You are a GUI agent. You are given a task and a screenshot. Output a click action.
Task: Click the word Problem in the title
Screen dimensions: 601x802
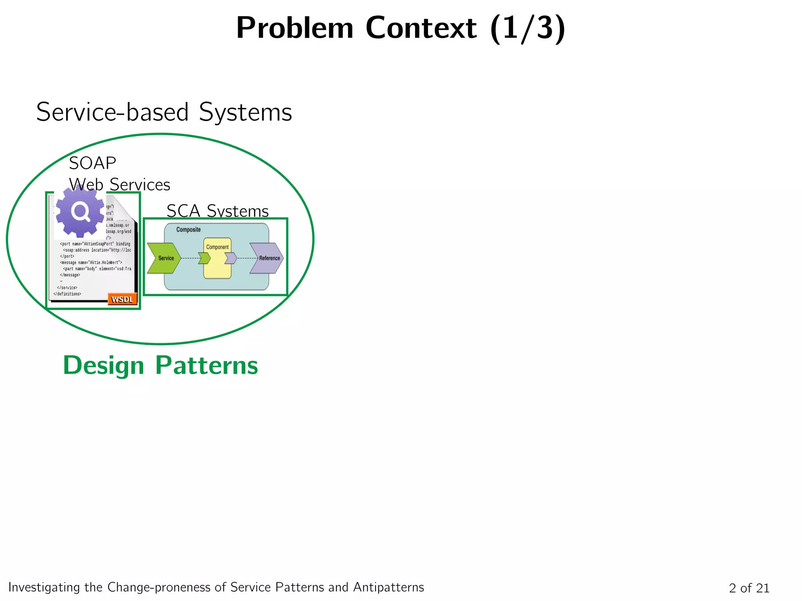click(x=295, y=28)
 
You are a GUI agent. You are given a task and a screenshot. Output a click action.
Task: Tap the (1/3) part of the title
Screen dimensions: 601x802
click(x=527, y=28)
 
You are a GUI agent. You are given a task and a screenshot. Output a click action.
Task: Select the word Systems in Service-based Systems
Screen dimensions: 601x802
click(x=245, y=112)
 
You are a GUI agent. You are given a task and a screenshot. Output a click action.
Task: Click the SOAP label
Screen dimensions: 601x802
click(x=92, y=163)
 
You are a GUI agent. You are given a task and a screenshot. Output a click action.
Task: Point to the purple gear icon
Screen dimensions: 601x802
click(x=80, y=212)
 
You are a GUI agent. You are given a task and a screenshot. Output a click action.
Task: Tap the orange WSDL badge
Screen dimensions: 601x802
click(x=122, y=299)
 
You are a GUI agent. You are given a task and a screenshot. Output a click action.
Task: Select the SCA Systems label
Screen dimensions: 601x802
click(x=217, y=211)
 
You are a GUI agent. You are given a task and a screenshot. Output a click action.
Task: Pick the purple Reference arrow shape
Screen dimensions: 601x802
click(x=267, y=258)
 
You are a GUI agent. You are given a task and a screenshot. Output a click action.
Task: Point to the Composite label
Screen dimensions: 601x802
click(x=188, y=230)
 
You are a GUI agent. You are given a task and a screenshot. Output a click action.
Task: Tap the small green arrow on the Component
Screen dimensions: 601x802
click(x=204, y=258)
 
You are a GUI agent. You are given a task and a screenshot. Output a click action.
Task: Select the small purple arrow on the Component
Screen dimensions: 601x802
click(x=231, y=258)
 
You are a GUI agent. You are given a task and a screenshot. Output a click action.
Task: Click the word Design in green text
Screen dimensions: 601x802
click(x=103, y=365)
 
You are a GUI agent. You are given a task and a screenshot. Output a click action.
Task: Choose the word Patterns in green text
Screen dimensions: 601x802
click(x=206, y=365)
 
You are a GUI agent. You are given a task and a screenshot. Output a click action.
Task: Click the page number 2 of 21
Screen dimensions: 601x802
click(x=749, y=588)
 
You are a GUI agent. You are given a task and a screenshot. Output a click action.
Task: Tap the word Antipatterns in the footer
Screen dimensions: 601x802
click(x=388, y=587)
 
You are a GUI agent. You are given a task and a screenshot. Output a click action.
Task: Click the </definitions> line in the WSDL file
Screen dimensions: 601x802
click(x=67, y=294)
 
